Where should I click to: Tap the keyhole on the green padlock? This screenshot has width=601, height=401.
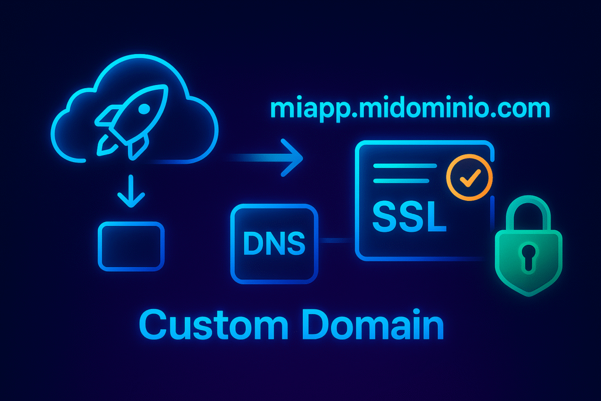(x=528, y=255)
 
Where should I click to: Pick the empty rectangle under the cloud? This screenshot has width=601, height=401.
(x=130, y=246)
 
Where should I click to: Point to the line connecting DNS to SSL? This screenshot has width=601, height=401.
(x=336, y=240)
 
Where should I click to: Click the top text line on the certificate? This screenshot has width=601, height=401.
(x=405, y=166)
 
